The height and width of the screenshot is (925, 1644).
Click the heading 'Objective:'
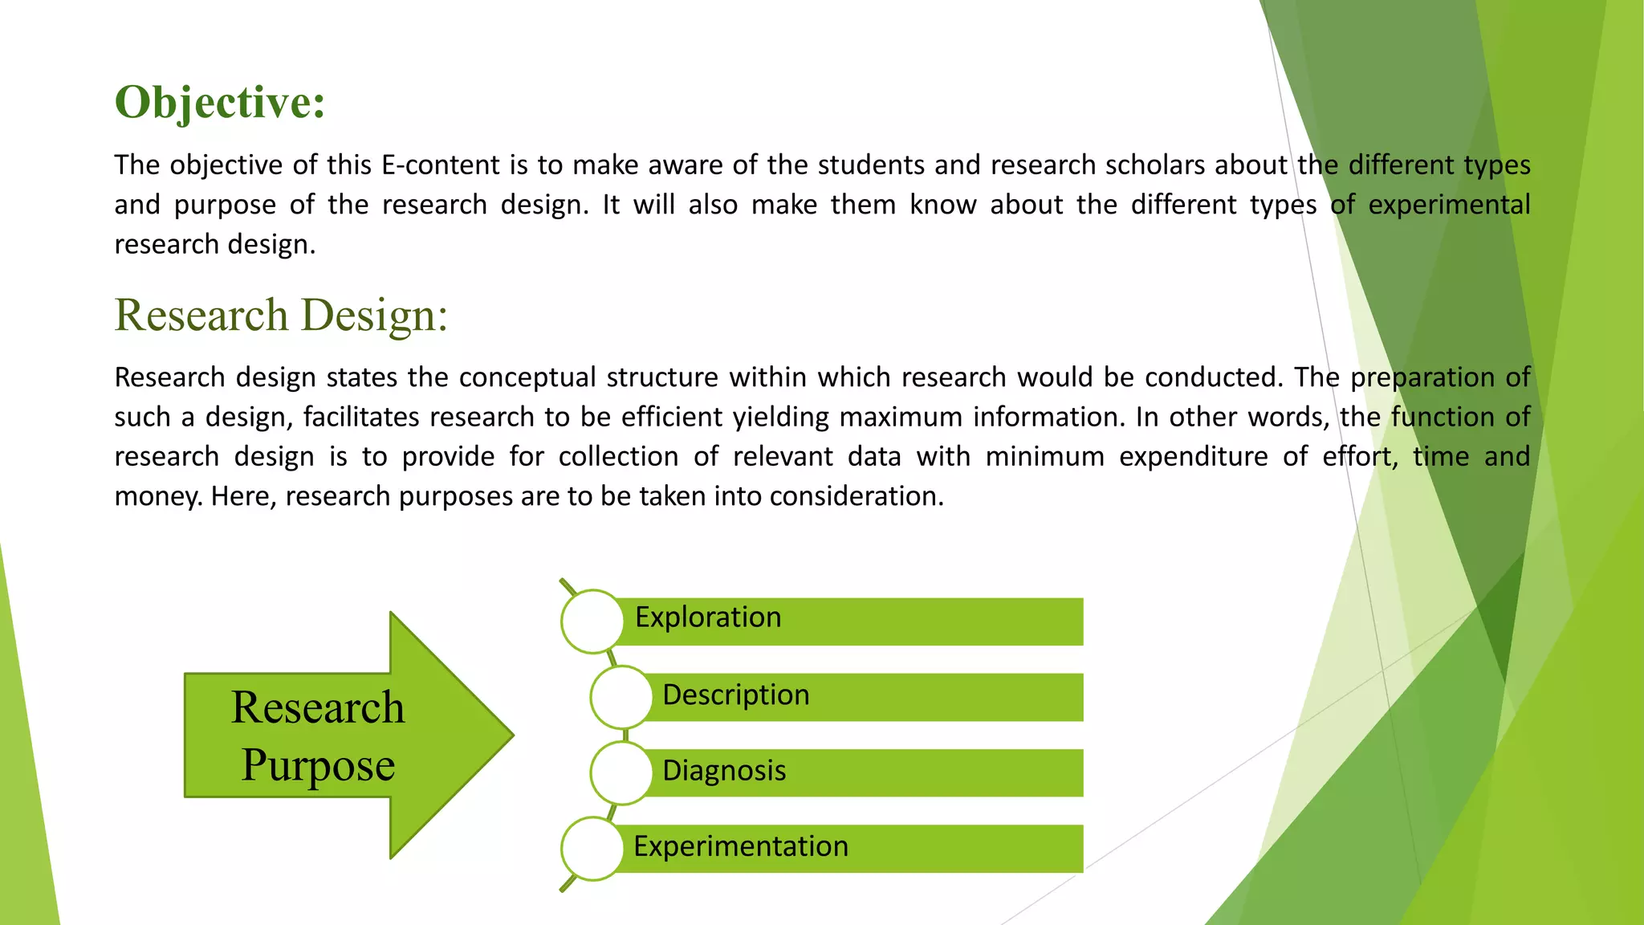coord(219,103)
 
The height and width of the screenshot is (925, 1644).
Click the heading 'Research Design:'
coord(281,315)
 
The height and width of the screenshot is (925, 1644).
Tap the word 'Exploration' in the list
coord(707,617)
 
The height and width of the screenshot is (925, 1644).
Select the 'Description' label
coord(735,695)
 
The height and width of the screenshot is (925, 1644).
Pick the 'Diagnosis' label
coord(723,771)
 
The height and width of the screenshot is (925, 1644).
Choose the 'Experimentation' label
coord(740,846)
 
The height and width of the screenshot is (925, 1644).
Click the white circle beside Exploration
coord(592,621)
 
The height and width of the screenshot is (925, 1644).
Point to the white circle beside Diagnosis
coord(621,772)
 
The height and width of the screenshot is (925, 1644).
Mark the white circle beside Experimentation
coord(592,849)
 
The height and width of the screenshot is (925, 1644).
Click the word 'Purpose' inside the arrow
coord(318,765)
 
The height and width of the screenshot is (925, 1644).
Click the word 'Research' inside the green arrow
coord(318,707)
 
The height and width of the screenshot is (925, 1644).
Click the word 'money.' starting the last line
coord(158,497)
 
